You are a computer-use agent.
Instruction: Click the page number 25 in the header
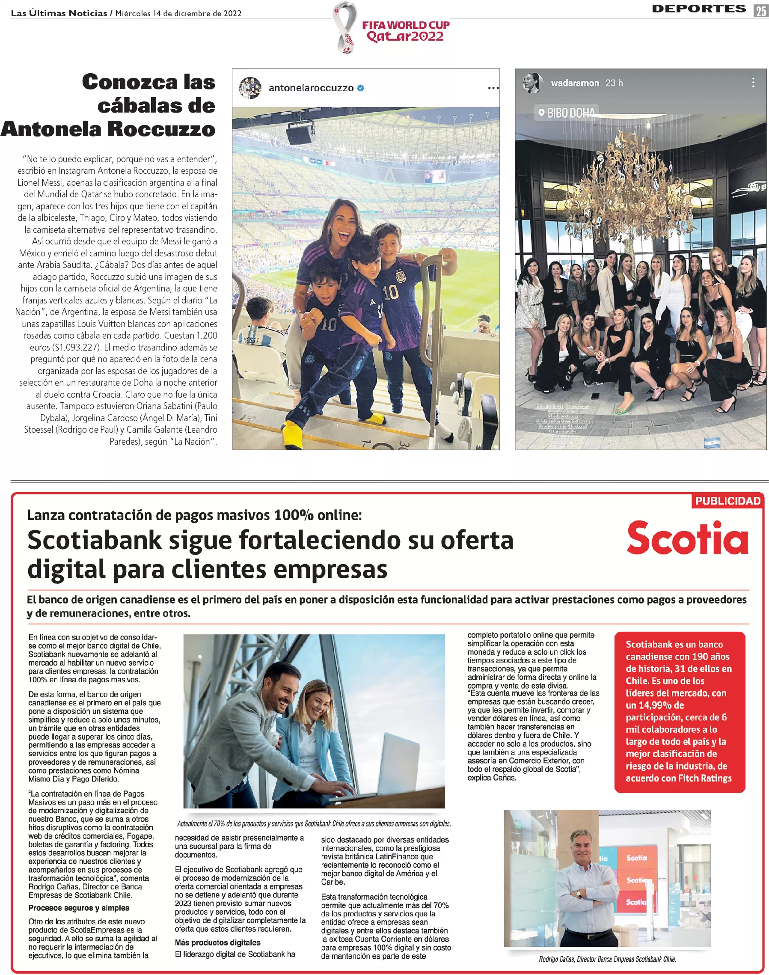(x=761, y=10)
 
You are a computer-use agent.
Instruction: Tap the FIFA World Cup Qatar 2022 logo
(x=391, y=28)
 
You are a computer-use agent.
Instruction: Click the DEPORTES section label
(x=699, y=9)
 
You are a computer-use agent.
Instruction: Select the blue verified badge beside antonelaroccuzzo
(x=361, y=88)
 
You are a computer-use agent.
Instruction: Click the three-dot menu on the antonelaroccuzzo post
(x=493, y=88)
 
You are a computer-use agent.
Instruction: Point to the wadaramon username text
(x=575, y=83)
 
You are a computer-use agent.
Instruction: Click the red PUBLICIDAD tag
(x=727, y=501)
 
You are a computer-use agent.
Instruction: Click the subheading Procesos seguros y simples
(x=79, y=907)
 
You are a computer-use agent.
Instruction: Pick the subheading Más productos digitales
(x=217, y=942)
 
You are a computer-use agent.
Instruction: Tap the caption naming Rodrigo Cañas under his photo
(x=607, y=959)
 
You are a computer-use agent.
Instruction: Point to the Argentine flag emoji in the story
(x=712, y=443)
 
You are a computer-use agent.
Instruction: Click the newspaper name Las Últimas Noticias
(x=59, y=13)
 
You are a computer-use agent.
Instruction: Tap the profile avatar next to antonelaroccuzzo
(x=250, y=88)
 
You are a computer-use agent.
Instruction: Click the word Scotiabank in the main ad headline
(x=94, y=540)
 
